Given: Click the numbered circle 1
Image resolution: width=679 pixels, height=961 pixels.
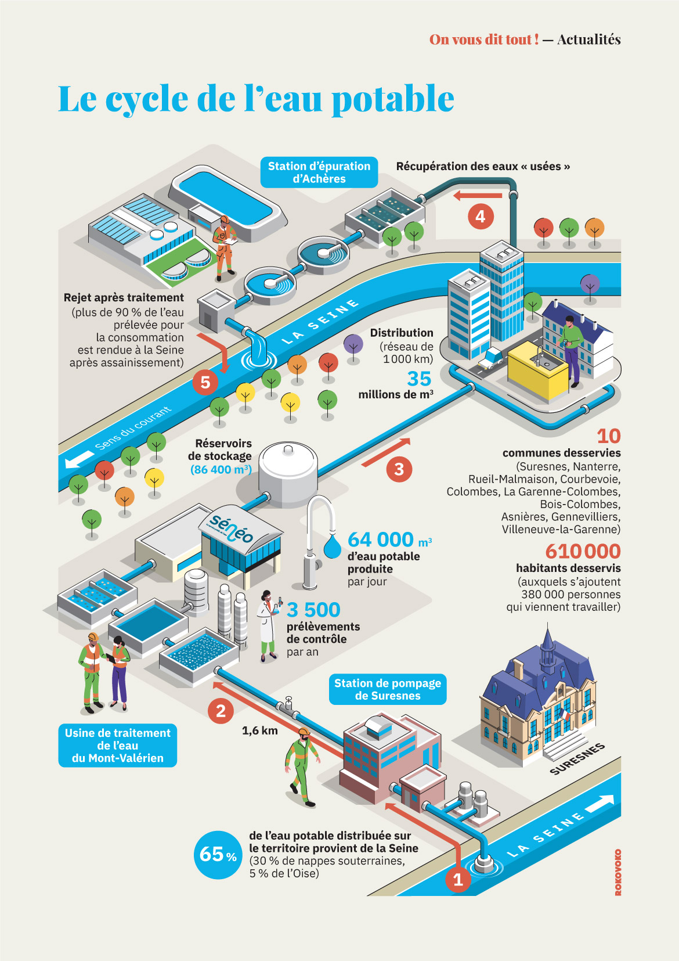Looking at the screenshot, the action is coord(458,880).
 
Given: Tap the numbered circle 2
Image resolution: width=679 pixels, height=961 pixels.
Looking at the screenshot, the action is coord(221,711).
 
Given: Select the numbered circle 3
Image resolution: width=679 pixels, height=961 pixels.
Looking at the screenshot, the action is coord(399,469).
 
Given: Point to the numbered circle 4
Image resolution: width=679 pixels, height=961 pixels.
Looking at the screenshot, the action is coord(481,217).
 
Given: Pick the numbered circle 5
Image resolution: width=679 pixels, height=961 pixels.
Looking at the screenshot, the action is coord(205,382).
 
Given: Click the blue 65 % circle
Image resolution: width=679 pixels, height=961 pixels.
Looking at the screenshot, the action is coord(218,854).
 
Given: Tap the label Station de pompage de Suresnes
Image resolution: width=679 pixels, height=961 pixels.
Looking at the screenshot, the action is coord(388,689).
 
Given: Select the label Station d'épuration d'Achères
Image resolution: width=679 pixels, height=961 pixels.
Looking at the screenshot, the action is coord(319,172).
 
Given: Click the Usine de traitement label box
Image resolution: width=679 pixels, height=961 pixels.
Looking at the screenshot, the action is coord(118,746).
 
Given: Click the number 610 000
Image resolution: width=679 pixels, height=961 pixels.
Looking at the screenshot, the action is coord(583,551).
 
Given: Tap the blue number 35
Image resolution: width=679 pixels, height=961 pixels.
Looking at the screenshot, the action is coord(419,379).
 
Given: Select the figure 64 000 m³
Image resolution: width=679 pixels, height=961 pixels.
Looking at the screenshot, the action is coord(389,539).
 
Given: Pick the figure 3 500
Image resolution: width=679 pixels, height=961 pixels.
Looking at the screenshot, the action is coord(313,610).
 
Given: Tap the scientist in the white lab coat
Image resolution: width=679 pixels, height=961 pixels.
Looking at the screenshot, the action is coord(268,626).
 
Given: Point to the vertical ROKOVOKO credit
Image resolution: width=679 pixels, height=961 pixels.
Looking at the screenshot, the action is coord(618,872).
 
